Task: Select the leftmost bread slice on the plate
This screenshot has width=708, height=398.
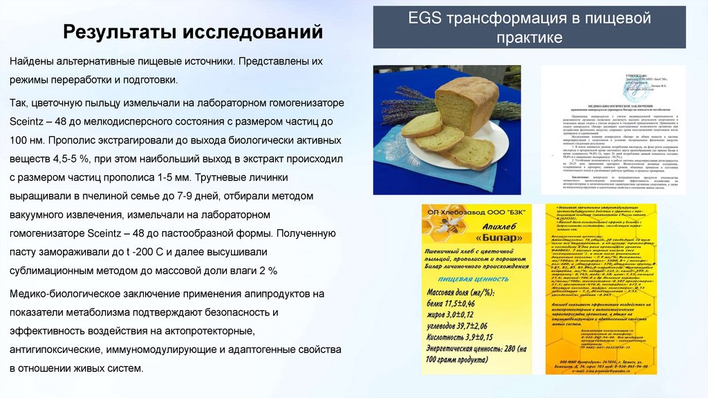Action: tap(421, 125)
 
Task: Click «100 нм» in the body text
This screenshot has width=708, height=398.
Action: tap(25, 138)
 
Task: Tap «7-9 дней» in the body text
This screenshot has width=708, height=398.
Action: tap(213, 196)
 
